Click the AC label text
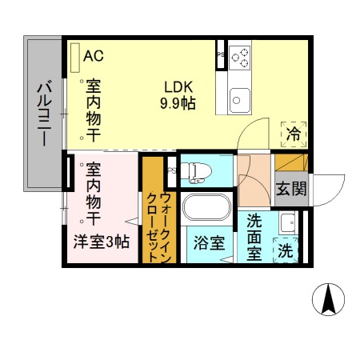point(94,55)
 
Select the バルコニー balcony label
point(45,112)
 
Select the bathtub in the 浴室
point(207,210)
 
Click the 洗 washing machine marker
point(286,250)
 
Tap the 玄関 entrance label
point(290,190)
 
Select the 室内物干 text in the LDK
point(94,111)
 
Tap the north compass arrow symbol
point(329,299)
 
